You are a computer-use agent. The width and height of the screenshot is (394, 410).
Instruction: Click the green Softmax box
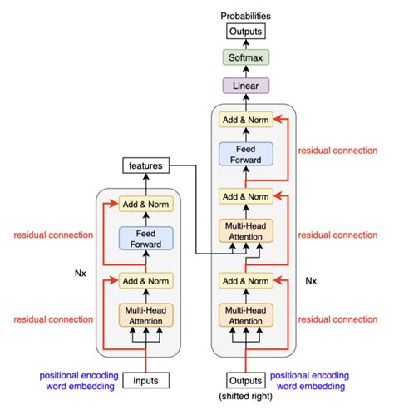246,58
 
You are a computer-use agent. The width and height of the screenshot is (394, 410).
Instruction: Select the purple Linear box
246,85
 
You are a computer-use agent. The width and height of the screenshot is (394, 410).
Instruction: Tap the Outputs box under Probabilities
246,32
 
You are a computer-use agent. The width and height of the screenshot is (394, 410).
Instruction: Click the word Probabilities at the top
246,16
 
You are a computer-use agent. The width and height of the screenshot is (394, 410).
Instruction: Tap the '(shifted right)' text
246,398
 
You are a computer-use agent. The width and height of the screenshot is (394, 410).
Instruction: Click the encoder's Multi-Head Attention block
145,315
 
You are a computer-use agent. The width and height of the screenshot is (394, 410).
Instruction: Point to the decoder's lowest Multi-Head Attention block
246,315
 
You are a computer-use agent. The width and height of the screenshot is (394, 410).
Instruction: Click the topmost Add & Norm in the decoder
246,121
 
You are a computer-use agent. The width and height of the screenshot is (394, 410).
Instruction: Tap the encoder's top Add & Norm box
145,205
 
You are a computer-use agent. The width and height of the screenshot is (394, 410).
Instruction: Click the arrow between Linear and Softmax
246,72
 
